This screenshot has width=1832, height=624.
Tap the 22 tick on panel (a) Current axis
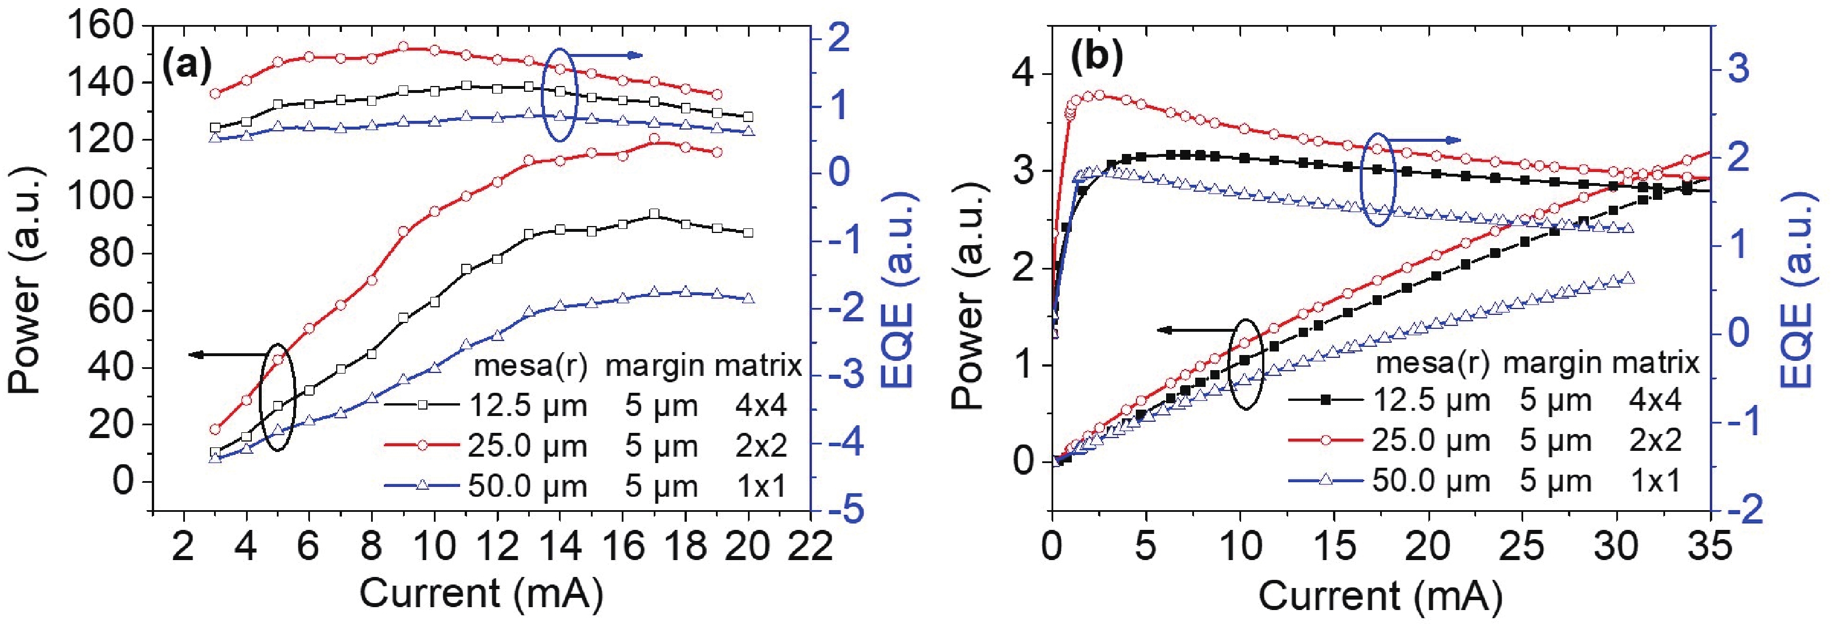pyautogui.click(x=812, y=547)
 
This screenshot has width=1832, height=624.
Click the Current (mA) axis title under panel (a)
pyautogui.click(x=482, y=593)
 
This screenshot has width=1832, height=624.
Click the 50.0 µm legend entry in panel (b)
pyautogui.click(x=1430, y=481)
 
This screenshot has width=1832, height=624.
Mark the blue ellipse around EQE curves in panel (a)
pyautogui.click(x=559, y=95)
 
